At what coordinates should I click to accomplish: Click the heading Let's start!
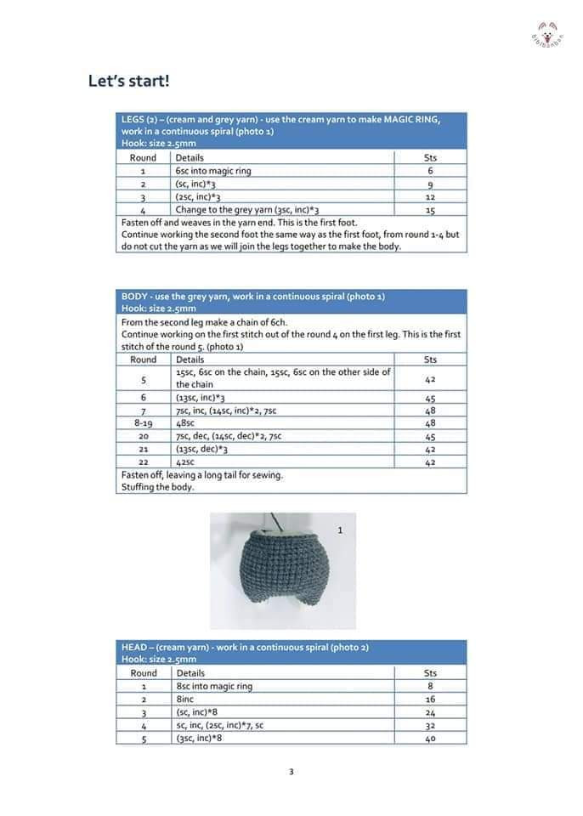tap(128, 82)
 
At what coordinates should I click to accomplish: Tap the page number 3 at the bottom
tap(291, 772)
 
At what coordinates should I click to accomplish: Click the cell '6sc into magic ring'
tap(213, 171)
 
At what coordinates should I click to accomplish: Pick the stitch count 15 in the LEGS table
tap(430, 210)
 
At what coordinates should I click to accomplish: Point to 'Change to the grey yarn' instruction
tap(246, 210)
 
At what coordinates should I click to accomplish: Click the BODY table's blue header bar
tap(291, 302)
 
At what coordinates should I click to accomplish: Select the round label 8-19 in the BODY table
tap(143, 423)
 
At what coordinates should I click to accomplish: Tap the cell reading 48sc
tap(185, 423)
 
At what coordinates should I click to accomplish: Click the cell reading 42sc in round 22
tap(185, 462)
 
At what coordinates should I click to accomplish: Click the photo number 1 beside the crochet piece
tap(340, 530)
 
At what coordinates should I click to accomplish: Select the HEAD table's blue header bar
tap(291, 653)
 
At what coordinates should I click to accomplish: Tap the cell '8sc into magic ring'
tap(214, 686)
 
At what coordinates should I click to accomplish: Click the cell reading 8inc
tap(186, 700)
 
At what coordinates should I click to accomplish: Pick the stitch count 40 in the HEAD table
tap(430, 739)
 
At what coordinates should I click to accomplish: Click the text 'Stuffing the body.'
tap(158, 487)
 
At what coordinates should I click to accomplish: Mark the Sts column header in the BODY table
tap(430, 360)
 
